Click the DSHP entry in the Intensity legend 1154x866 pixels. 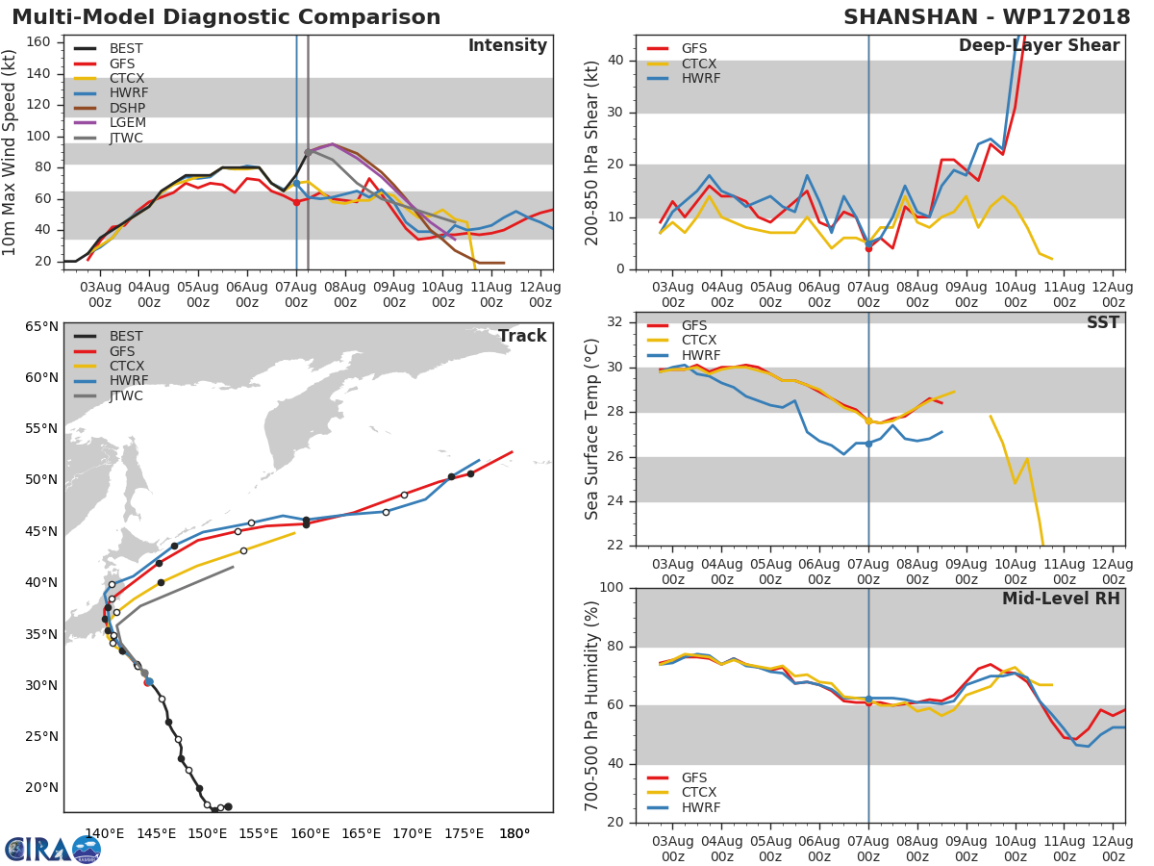pyautogui.click(x=126, y=108)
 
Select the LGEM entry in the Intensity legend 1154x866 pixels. pyautogui.click(x=126, y=123)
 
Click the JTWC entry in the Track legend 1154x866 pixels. pyautogui.click(x=126, y=395)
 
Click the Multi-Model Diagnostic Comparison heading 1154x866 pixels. pyautogui.click(x=226, y=18)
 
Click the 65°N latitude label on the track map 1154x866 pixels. pyautogui.click(x=40, y=327)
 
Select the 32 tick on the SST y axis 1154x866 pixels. pyautogui.click(x=616, y=322)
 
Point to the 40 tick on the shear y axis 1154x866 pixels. pyautogui.click(x=616, y=61)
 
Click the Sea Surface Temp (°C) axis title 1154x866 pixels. pyautogui.click(x=592, y=429)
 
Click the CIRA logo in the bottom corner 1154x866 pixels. pyautogui.click(x=53, y=849)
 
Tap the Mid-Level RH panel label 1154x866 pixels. pyautogui.click(x=1061, y=599)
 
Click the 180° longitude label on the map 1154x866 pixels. pyautogui.click(x=514, y=833)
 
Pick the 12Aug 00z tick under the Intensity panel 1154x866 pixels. pyautogui.click(x=540, y=294)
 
